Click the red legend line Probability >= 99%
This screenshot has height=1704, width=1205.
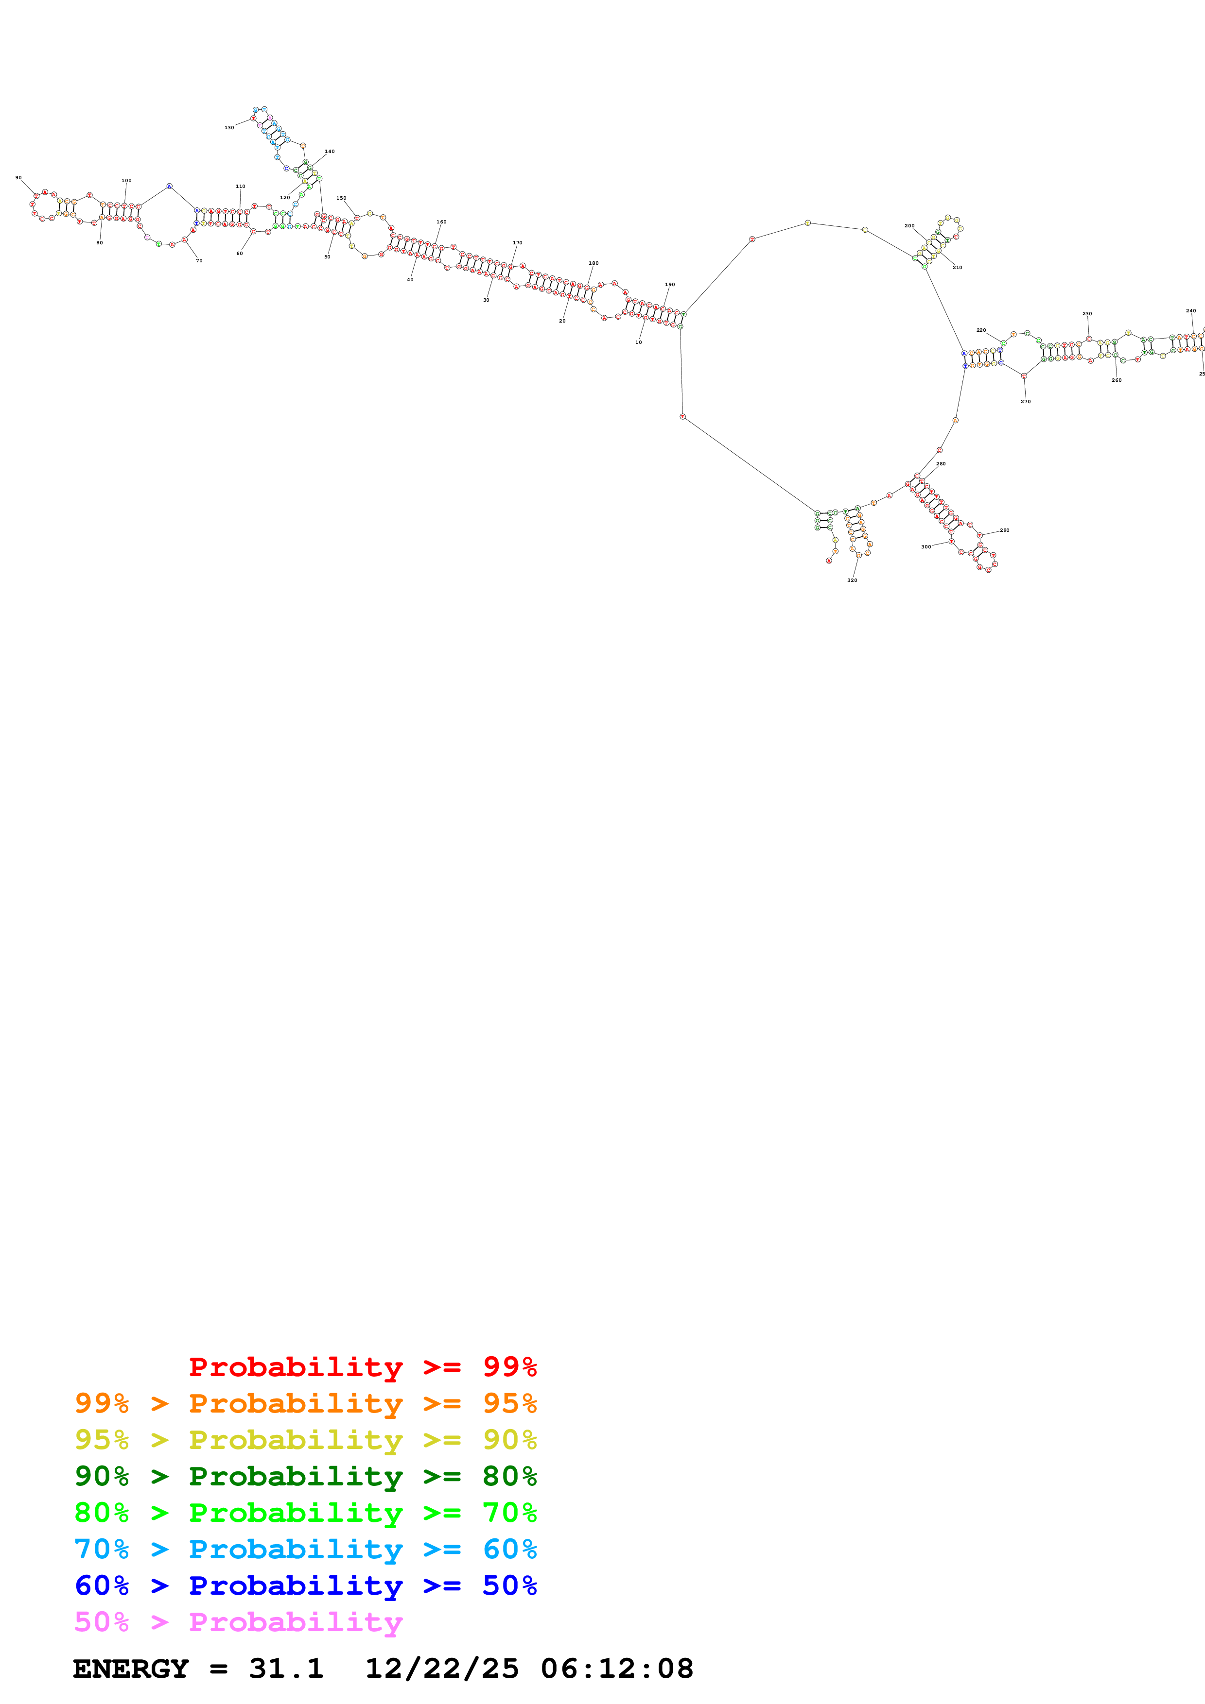(362, 1366)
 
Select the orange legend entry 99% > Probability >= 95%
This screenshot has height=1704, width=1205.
(305, 1403)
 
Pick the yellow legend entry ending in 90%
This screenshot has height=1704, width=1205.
(305, 1439)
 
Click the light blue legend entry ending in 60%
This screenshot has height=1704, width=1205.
(305, 1549)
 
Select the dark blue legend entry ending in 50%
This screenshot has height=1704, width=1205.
(305, 1585)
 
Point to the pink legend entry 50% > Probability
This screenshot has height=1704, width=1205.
(238, 1621)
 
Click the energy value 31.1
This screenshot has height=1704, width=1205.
(286, 1669)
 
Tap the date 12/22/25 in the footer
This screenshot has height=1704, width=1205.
(442, 1669)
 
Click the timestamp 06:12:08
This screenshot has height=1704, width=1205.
(616, 1669)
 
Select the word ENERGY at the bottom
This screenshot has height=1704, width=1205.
(131, 1669)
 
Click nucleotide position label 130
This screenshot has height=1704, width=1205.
(229, 128)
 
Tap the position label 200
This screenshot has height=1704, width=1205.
(909, 225)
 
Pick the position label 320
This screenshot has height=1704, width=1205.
(852, 580)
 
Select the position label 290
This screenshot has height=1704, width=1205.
(1005, 530)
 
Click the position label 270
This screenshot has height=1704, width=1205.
(1025, 402)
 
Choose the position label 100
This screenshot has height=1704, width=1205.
(126, 180)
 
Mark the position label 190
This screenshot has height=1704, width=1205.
(670, 284)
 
